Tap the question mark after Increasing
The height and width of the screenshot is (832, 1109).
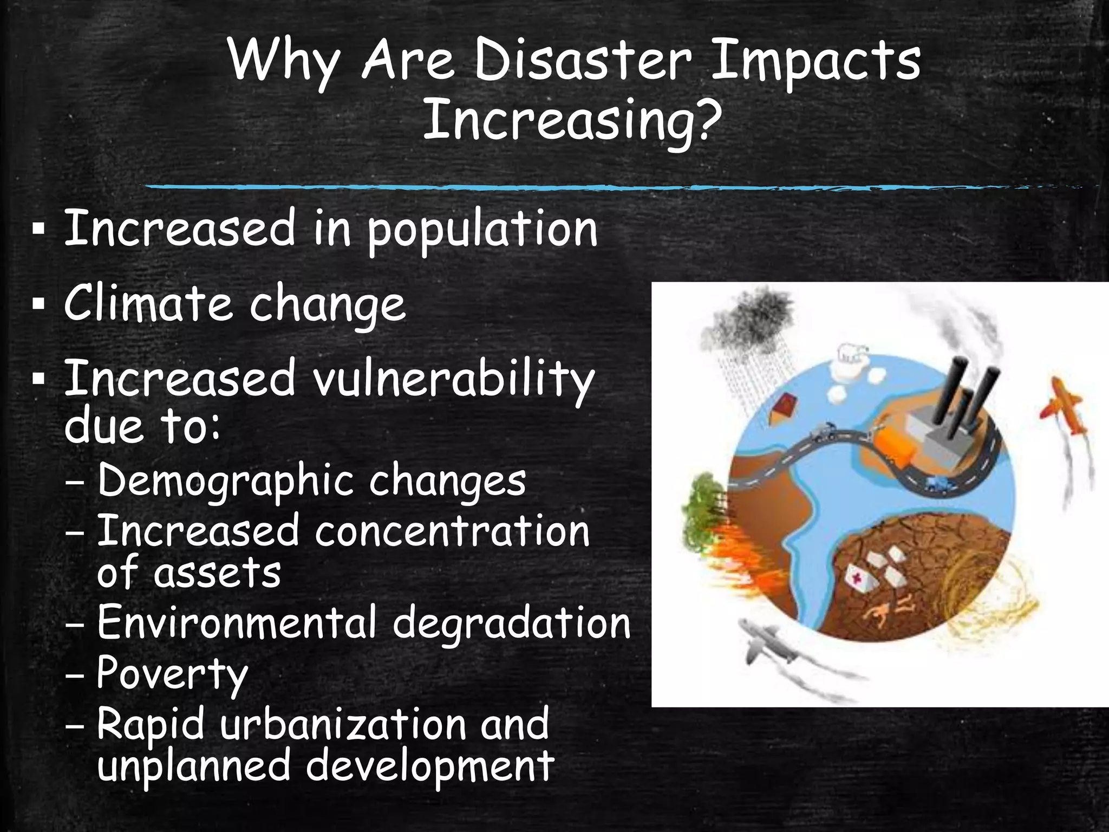click(x=707, y=119)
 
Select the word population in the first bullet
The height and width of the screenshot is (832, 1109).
click(x=482, y=231)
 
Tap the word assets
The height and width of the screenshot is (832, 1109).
click(x=217, y=573)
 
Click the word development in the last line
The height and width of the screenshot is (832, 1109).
click(x=430, y=766)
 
